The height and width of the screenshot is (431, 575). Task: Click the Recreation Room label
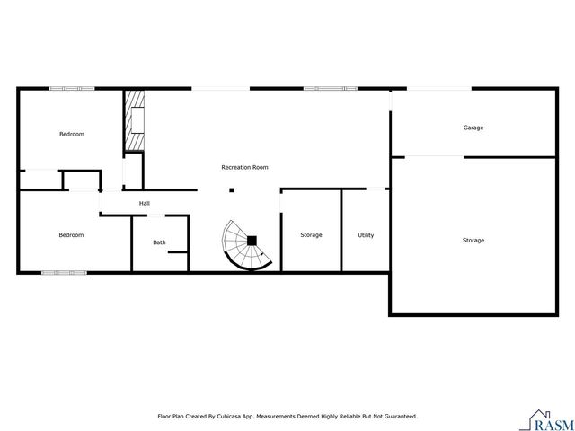pyautogui.click(x=244, y=167)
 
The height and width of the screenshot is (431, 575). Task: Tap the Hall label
pyautogui.click(x=144, y=204)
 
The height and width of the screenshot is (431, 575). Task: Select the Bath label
pyautogui.click(x=159, y=242)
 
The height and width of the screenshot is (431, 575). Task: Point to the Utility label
pyautogui.click(x=366, y=235)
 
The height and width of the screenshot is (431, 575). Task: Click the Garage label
pyautogui.click(x=473, y=128)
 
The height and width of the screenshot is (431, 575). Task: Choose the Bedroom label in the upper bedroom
pyautogui.click(x=72, y=134)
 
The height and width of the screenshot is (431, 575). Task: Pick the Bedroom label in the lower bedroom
pyautogui.click(x=71, y=235)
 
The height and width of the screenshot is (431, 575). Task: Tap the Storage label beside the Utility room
pyautogui.click(x=311, y=235)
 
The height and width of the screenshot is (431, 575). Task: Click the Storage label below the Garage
pyautogui.click(x=473, y=240)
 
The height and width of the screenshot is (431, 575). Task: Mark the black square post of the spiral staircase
pyautogui.click(x=252, y=240)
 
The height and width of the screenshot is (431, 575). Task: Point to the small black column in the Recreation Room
pyautogui.click(x=232, y=189)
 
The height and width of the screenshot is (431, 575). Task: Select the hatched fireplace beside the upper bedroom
pyautogui.click(x=134, y=120)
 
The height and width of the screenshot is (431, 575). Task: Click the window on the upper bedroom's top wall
pyautogui.click(x=72, y=88)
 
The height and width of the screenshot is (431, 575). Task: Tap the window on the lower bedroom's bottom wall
pyautogui.click(x=64, y=272)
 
